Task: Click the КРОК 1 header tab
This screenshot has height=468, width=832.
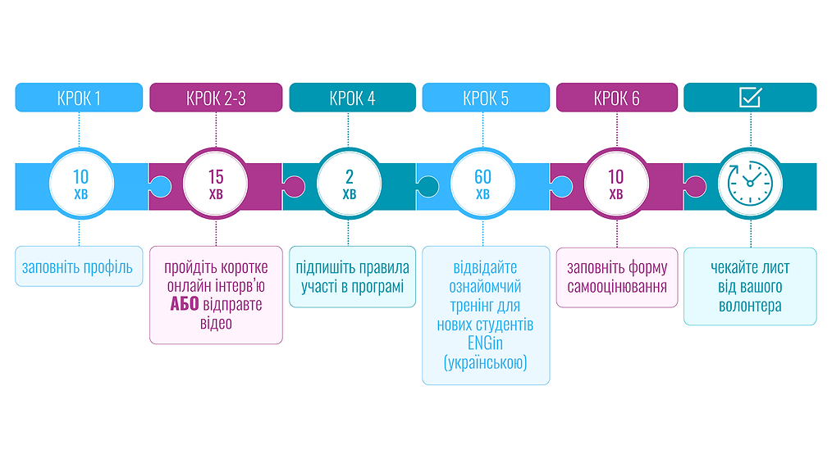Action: point(79,98)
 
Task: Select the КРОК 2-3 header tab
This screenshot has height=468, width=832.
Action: point(216,98)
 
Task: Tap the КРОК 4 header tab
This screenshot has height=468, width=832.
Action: point(352,98)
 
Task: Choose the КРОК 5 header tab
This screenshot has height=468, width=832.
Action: point(486,98)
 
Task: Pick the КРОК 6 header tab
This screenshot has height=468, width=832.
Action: point(616,98)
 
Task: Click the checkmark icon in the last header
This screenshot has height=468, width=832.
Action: point(750,98)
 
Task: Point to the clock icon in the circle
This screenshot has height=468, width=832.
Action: point(750,184)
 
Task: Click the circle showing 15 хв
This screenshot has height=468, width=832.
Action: point(216,184)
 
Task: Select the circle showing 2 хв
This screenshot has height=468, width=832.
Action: point(350,184)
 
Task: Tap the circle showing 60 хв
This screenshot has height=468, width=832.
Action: point(482,184)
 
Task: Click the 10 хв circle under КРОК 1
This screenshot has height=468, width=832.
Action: point(81,184)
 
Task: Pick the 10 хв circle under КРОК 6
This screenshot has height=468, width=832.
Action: point(616,184)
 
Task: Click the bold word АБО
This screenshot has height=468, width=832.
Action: point(185,304)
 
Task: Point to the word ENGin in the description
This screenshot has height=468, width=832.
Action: point(485,343)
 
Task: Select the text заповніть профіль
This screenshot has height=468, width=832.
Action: point(77,267)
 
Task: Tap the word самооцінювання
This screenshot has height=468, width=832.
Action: point(617,287)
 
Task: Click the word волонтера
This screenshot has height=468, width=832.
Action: point(750,306)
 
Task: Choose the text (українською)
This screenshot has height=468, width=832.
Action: point(486,363)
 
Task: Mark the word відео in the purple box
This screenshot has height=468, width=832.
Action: point(216,323)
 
